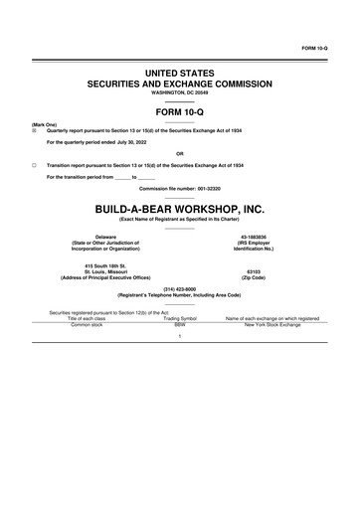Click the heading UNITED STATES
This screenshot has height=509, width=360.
(179, 75)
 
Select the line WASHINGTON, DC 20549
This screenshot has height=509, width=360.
(179, 96)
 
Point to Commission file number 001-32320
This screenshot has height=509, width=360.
(180, 188)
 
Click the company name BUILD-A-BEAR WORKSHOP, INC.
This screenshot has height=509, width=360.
(179, 209)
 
